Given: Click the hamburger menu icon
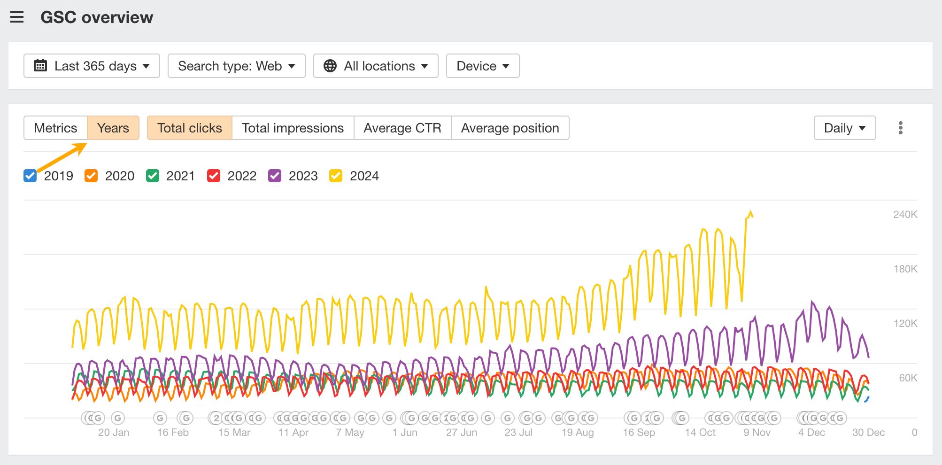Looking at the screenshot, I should coord(17,18).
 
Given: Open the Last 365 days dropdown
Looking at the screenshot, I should coord(92,66).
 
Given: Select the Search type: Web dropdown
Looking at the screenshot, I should coord(236,66).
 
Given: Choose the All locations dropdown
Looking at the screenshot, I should coord(376,66).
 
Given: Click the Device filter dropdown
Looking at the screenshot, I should coord(482,66).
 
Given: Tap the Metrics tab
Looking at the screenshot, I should coord(55,128).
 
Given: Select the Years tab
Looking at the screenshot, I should coord(113,128).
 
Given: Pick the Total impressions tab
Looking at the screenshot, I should coord(293,128).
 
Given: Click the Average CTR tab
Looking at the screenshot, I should coord(402,128).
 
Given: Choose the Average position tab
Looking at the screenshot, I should coord(510,128).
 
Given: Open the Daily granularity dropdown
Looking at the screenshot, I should coord(844,128).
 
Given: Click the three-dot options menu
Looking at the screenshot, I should coord(900,128).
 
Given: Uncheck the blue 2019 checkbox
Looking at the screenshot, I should coord(30,176).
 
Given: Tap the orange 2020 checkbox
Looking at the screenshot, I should coord(91,176).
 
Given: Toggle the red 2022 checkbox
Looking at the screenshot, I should coord(214,176).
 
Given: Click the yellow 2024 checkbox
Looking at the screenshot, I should coord(336,176).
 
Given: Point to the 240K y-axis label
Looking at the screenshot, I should coord(905,215).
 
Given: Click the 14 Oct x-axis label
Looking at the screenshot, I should coord(700,433).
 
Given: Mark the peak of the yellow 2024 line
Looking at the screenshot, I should coord(750,211).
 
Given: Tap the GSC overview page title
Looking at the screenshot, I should coord(97,18).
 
